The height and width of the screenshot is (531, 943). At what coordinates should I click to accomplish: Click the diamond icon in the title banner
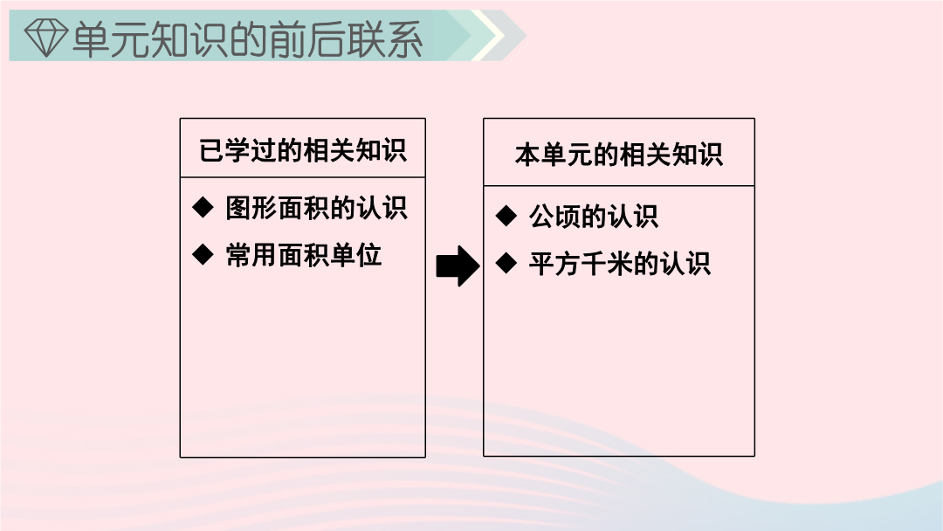click(45, 38)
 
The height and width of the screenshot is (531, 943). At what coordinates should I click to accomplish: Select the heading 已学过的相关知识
click(303, 150)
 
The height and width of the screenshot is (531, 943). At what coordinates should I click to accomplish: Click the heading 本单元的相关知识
click(619, 155)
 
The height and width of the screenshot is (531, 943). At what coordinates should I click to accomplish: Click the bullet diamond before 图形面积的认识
click(203, 208)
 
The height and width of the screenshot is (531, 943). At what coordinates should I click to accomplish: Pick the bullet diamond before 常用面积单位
click(203, 254)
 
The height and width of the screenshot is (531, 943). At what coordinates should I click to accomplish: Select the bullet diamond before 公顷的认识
click(506, 216)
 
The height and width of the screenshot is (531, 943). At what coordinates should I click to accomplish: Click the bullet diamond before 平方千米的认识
click(506, 262)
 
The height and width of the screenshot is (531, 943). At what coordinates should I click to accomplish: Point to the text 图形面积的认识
click(316, 208)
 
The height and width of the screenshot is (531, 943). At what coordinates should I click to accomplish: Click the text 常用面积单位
click(304, 255)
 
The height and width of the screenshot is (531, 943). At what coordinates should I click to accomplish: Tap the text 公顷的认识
click(594, 216)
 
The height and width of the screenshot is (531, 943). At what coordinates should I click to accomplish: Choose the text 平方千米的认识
click(620, 264)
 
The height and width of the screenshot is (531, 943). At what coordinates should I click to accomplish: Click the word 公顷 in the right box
click(554, 216)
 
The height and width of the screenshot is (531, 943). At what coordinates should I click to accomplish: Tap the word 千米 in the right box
click(607, 264)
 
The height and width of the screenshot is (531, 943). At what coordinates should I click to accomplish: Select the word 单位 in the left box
click(356, 255)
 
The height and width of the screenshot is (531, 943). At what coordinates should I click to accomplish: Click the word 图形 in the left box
click(251, 208)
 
